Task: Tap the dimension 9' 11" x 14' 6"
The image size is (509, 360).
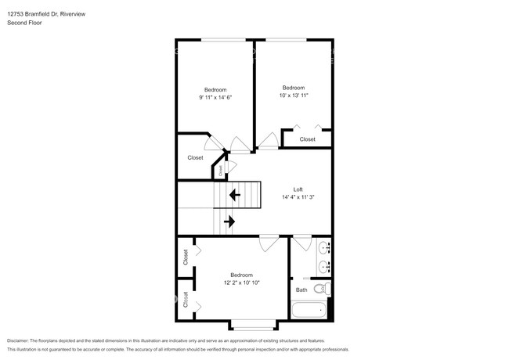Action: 215,97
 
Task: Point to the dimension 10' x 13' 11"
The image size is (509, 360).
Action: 293,95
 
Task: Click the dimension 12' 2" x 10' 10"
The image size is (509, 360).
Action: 241,283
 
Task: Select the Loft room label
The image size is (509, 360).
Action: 298,190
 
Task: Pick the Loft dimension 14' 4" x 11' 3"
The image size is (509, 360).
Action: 298,198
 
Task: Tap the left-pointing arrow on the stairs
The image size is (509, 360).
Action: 233,194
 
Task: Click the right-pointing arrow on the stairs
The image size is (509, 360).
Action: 229,221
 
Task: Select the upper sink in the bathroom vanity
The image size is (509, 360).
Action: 325,249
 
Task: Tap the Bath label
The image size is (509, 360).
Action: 301,290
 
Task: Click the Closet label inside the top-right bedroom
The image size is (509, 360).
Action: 307,139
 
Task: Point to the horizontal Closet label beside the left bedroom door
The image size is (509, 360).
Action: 195,158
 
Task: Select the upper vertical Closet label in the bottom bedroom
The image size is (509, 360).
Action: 186,257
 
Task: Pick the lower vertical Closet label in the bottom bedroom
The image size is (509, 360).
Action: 186,300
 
